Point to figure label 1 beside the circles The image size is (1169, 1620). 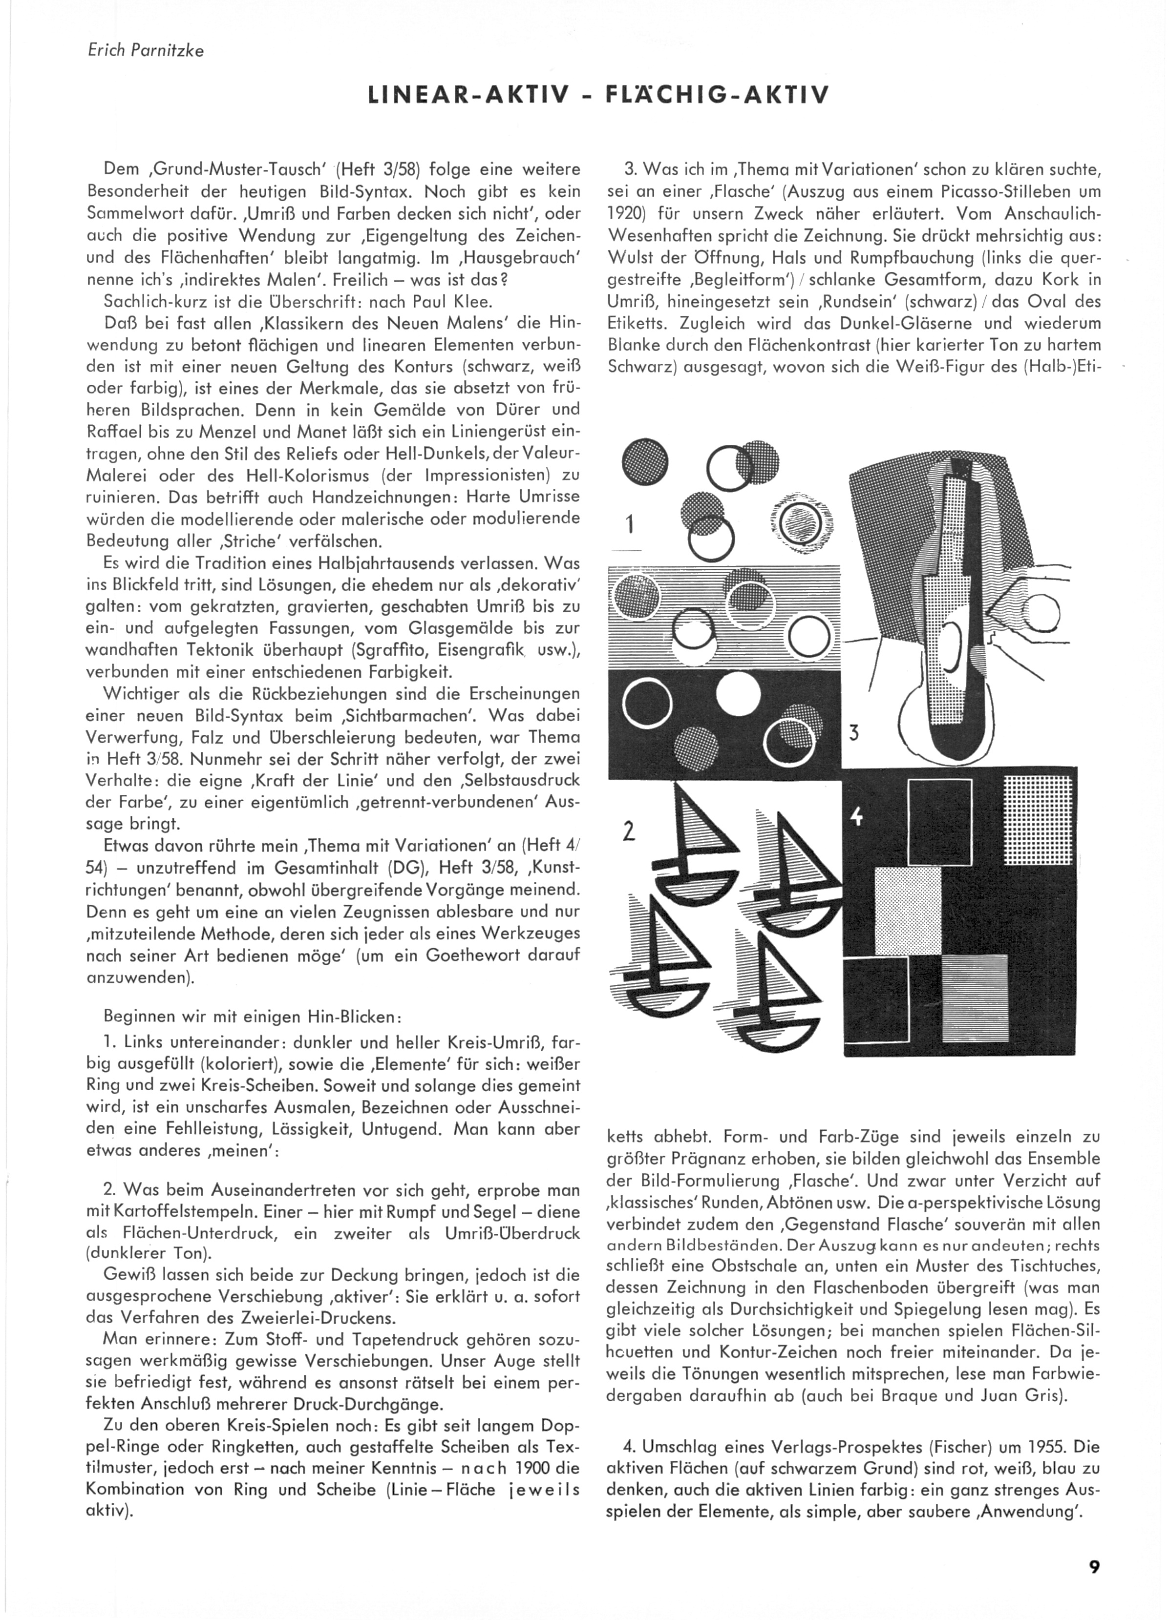(x=630, y=525)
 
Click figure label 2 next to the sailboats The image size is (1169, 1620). (x=629, y=832)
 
